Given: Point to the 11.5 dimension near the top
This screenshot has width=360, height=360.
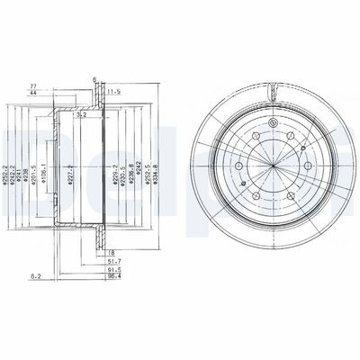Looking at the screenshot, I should tap(115, 92).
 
